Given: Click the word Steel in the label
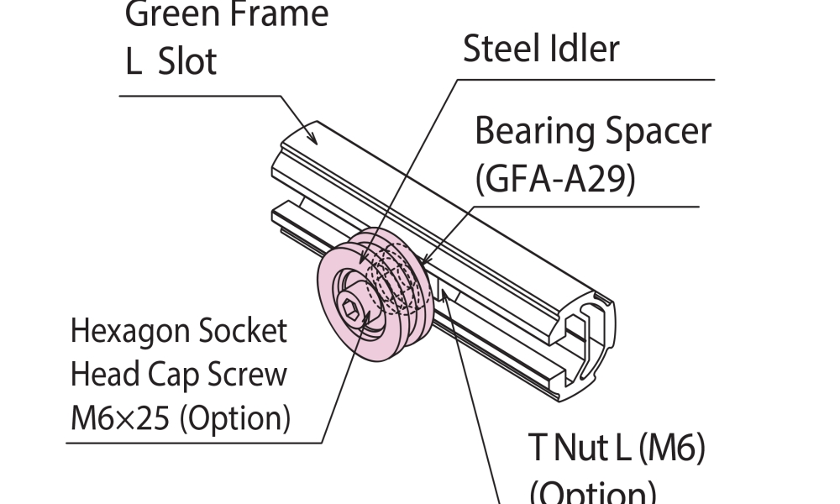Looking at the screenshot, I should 501,50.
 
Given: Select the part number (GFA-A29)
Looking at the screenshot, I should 554,178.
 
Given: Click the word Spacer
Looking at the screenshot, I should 657,132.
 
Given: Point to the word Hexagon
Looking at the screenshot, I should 130,332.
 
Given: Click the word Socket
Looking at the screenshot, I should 243,331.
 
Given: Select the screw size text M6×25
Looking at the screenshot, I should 120,417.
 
